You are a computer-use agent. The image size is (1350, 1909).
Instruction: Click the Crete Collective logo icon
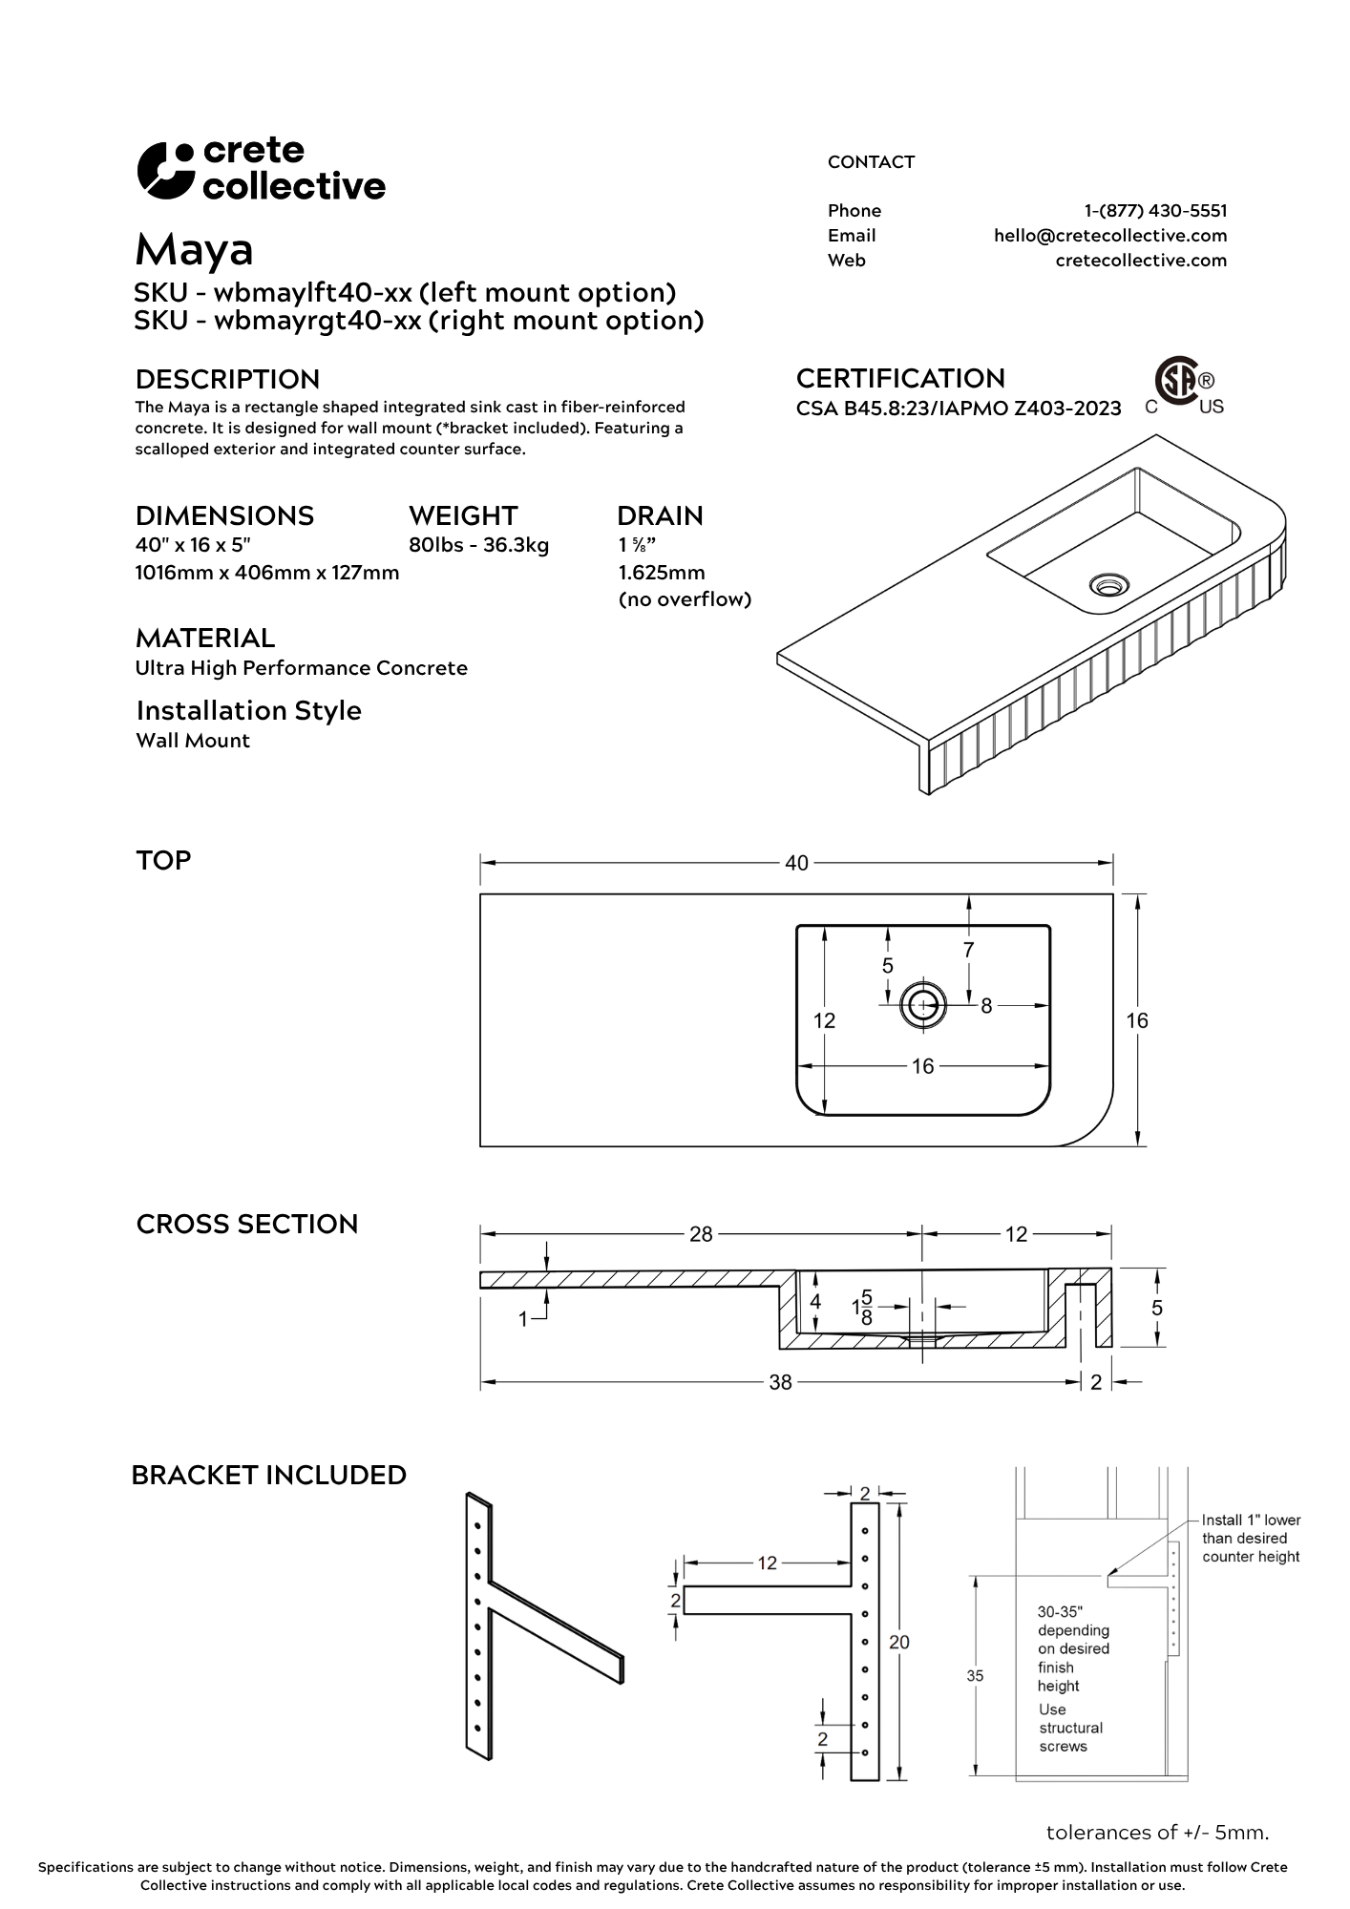[x=165, y=171]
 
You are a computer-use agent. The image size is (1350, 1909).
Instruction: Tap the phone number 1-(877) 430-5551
[x=1155, y=211]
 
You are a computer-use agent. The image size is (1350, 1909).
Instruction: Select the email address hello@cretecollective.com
[x=1109, y=236]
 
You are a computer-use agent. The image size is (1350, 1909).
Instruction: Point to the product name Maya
[x=194, y=250]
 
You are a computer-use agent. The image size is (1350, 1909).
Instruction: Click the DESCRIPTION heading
[x=227, y=380]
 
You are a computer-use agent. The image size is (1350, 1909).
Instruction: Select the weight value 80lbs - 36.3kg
[x=478, y=546]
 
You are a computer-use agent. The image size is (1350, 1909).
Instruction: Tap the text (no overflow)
[x=685, y=599]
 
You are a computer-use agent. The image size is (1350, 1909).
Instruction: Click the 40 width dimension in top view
[x=796, y=863]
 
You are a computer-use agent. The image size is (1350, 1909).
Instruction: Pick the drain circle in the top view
[x=923, y=1005]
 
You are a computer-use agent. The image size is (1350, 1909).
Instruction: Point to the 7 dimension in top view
[x=968, y=950]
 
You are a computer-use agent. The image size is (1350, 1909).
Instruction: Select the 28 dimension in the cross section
[x=701, y=1234]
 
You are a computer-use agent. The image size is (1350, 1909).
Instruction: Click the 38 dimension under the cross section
[x=780, y=1382]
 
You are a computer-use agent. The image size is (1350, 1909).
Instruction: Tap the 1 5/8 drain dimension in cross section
[x=861, y=1307]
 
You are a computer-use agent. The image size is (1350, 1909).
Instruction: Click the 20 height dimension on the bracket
[x=899, y=1642]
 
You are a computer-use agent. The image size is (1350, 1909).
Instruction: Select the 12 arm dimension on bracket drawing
[x=768, y=1563]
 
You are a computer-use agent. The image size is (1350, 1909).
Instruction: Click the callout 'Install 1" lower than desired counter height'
[x=1250, y=1538]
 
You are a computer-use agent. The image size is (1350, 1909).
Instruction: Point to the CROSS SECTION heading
[x=247, y=1225]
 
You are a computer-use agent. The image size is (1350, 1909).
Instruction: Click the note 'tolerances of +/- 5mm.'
[x=1157, y=1833]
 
